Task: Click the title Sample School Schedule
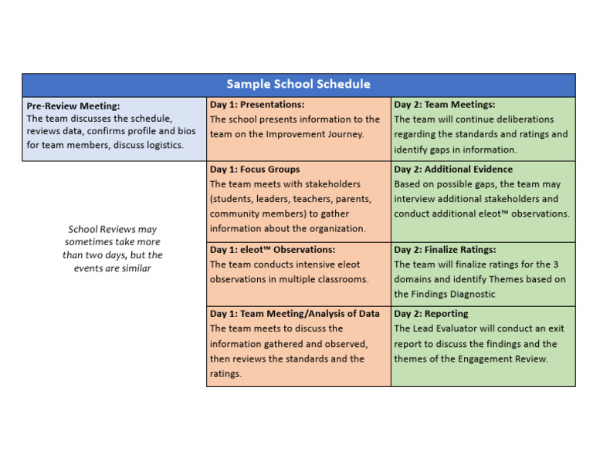[298, 84]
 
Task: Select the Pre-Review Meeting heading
[73, 106]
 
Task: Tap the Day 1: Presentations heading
[257, 104]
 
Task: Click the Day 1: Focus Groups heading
[255, 169]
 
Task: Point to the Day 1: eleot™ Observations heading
[273, 250]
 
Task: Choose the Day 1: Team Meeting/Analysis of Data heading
[295, 314]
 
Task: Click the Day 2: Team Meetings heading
[445, 104]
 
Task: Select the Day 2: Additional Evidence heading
[453, 169]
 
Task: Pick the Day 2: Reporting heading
[431, 314]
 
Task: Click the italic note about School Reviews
[113, 248]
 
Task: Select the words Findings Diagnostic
[452, 294]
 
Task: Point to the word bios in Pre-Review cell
[186, 131]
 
